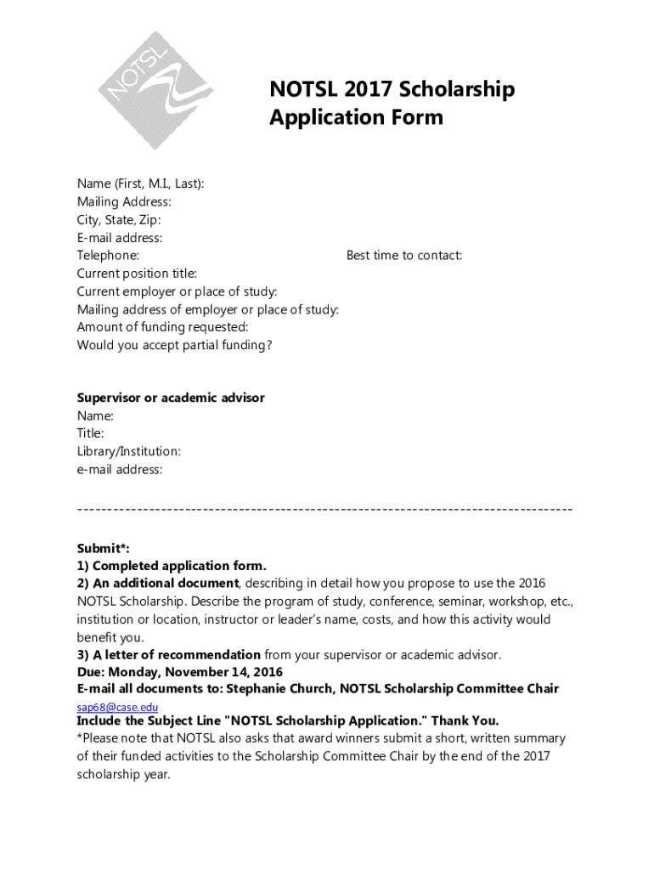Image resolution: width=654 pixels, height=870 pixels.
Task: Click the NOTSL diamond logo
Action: tap(154, 90)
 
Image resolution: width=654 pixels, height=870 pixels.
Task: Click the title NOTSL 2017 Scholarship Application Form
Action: tap(392, 103)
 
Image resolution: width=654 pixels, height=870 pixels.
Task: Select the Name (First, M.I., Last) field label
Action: tap(140, 184)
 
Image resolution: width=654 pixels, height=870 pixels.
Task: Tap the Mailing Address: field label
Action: tap(124, 201)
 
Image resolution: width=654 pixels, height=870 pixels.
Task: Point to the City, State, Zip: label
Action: tap(119, 219)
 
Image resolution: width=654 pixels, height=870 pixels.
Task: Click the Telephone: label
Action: tap(108, 255)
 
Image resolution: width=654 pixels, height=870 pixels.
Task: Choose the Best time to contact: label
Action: tap(404, 255)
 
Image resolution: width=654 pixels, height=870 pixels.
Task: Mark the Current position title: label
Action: tap(137, 273)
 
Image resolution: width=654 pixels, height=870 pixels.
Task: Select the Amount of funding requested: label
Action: tap(162, 327)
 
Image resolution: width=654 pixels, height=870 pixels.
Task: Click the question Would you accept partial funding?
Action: tap(174, 345)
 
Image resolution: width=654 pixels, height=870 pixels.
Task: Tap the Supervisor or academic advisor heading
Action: tap(171, 398)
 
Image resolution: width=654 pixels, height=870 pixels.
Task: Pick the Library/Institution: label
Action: tap(128, 451)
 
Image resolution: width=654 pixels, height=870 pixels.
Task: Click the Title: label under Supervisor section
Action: tap(91, 433)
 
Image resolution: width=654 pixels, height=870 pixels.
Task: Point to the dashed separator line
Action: tap(324, 508)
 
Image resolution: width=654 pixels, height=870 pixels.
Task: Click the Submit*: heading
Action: tap(103, 548)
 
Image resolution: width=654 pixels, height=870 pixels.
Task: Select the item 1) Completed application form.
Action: tap(172, 566)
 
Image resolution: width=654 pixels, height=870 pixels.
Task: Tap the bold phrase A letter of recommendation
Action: tap(177, 654)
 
